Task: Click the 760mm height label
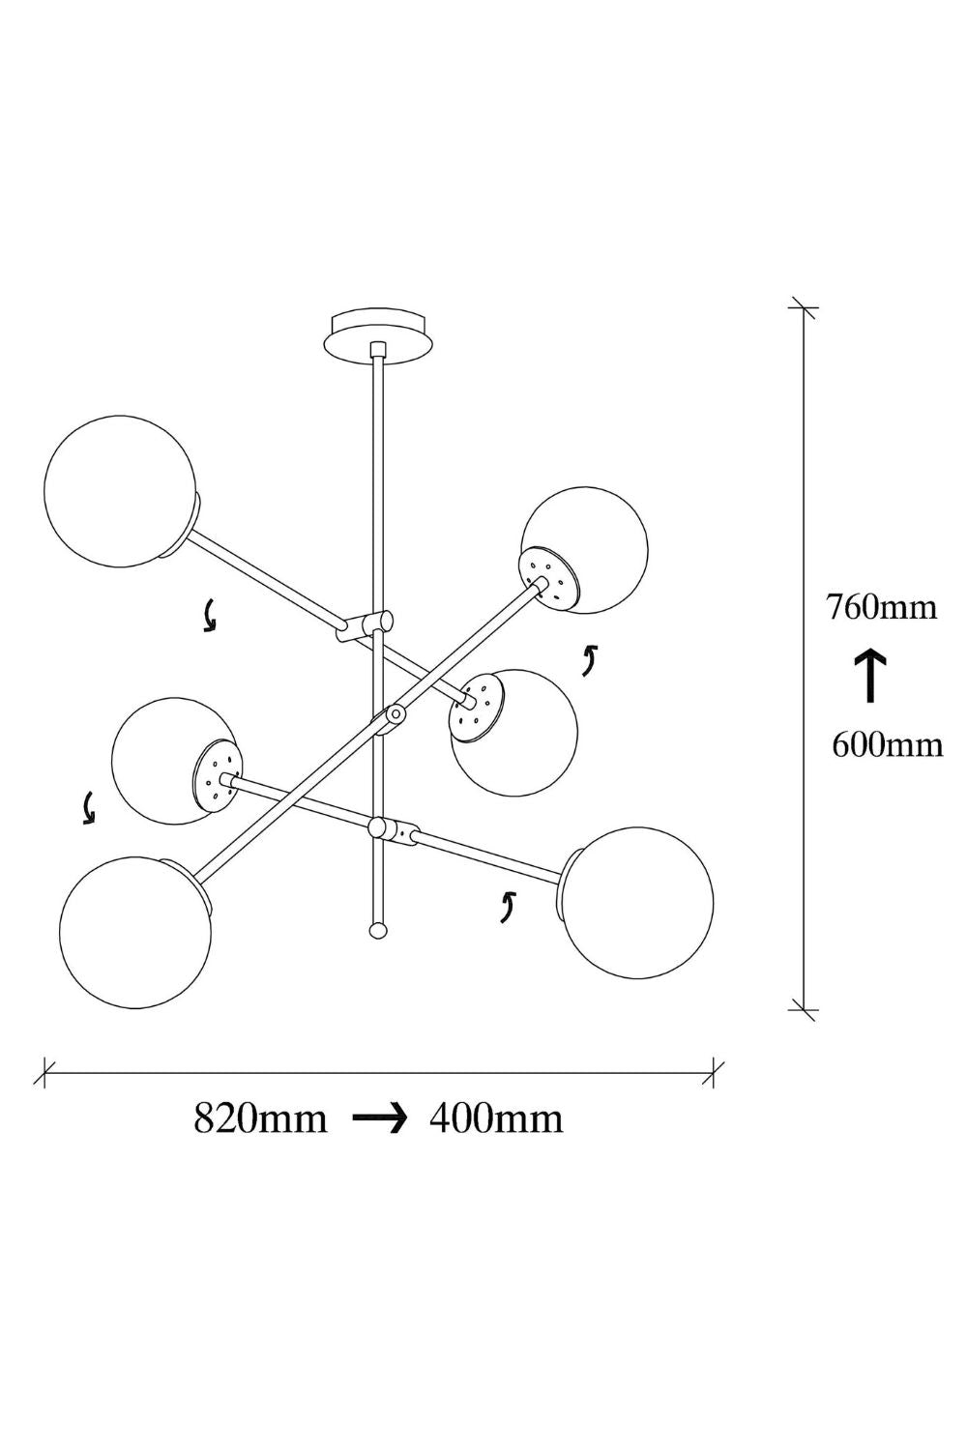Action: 881,608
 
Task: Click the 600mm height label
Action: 887,745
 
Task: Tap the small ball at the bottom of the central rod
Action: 377,931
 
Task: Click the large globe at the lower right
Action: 637,902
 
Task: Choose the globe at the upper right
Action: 584,550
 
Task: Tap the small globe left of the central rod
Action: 175,761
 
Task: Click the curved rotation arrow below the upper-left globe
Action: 209,615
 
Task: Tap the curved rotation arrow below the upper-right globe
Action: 590,660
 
